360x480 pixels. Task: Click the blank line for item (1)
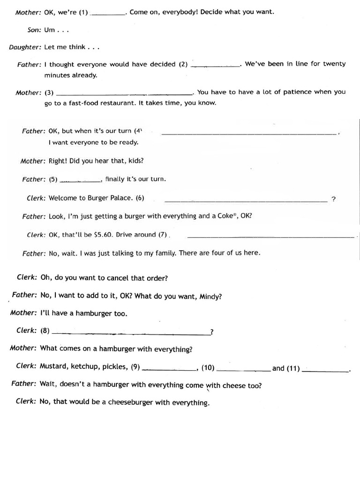click(x=107, y=14)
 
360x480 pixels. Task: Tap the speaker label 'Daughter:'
click(x=25, y=47)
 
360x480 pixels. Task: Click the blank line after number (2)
click(x=216, y=66)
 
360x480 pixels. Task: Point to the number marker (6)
click(x=140, y=198)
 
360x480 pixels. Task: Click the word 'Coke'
click(x=226, y=217)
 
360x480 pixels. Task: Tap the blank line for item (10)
click(x=244, y=370)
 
